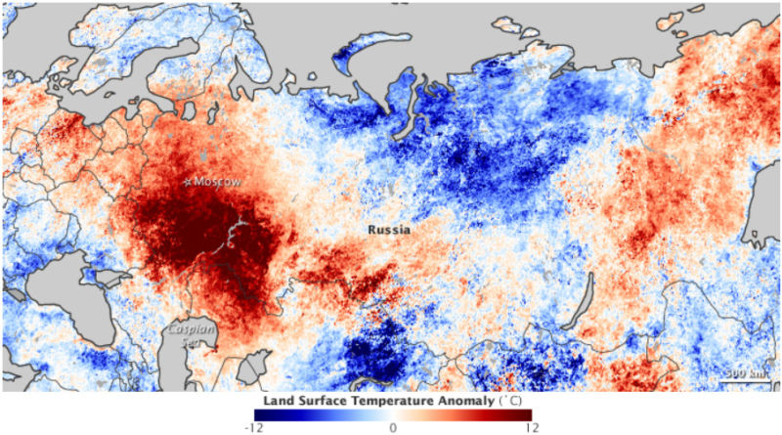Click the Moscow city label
217,182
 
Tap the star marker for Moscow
189,182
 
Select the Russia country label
388,230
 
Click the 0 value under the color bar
391,427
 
